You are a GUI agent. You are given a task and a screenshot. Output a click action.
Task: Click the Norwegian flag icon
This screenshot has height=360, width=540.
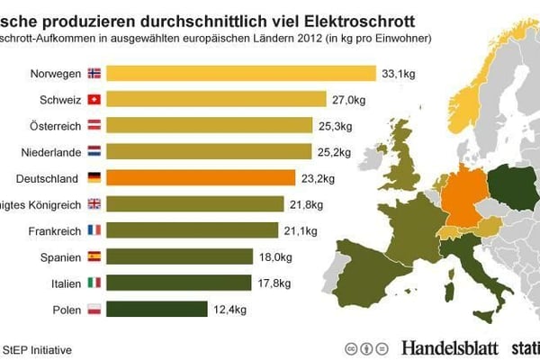[94, 73]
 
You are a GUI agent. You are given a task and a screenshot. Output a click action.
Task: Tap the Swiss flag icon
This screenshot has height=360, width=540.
[94, 99]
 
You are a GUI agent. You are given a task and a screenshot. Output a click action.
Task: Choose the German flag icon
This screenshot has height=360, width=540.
[94, 177]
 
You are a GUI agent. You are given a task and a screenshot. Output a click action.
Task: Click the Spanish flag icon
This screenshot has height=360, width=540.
[94, 256]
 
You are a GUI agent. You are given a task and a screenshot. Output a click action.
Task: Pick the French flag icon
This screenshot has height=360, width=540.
[94, 230]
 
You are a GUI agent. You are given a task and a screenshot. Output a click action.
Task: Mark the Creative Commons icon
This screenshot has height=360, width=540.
[350, 347]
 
